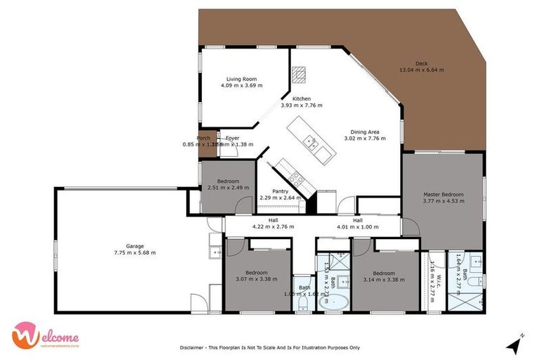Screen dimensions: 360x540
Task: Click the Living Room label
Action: (x=241, y=79)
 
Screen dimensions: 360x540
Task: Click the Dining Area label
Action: (x=366, y=131)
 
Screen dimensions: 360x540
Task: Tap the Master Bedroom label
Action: (x=443, y=194)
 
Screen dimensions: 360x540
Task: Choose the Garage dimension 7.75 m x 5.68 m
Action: (x=135, y=252)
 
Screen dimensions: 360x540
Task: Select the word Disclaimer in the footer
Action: (x=194, y=347)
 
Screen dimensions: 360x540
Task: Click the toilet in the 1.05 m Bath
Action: (x=304, y=307)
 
